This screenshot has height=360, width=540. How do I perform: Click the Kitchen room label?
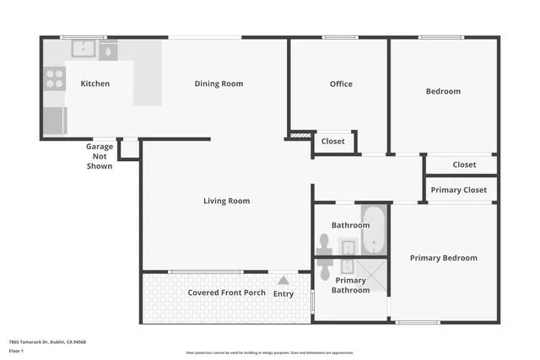coord(94,83)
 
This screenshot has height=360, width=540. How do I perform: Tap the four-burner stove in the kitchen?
coord(54,79)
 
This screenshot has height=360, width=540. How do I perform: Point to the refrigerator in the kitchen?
coord(54,119)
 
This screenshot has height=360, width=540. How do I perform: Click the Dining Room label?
coord(219,83)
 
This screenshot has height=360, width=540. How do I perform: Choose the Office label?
coord(341,83)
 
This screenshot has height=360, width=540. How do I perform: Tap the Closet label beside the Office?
coord(333,142)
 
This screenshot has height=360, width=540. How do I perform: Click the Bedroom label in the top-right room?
coord(443,91)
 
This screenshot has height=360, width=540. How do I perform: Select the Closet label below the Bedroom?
coord(464,164)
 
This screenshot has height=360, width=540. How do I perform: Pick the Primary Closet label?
coord(458,190)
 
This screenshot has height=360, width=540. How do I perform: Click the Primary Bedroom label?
coord(443,258)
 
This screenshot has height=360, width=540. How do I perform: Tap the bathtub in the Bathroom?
coord(374,229)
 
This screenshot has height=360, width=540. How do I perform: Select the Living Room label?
coord(226,201)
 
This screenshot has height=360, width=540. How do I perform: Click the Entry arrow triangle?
coord(283,281)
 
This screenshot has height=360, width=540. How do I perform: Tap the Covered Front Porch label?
coord(226,293)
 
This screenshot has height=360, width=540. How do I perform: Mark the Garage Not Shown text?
coord(100,156)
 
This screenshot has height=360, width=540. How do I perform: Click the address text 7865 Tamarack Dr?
coord(47,341)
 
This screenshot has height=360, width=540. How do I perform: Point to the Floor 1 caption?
coord(16,350)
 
